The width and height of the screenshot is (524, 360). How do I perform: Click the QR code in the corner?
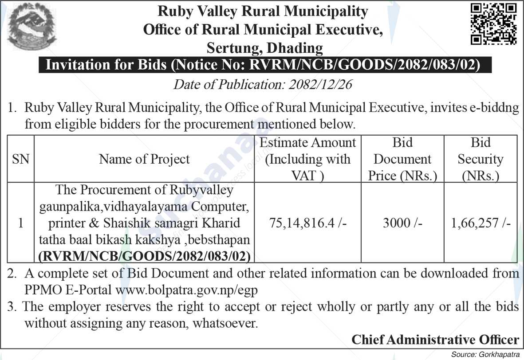[x=493, y=24]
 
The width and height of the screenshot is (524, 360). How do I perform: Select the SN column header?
[x=20, y=159]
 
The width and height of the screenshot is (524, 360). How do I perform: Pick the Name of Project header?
[x=144, y=159]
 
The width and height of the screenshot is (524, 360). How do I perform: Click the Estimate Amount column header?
[x=307, y=159]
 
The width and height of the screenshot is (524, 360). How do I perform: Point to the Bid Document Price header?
[x=402, y=159]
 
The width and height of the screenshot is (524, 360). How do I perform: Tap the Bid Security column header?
[x=481, y=159]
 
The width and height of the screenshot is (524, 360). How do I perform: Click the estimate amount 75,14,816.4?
[x=307, y=223]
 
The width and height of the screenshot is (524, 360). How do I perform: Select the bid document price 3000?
[x=402, y=223]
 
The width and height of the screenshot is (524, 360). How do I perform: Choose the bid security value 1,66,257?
[x=481, y=223]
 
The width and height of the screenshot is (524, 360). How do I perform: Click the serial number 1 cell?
[x=20, y=223]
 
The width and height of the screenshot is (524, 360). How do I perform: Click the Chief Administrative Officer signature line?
[x=435, y=340]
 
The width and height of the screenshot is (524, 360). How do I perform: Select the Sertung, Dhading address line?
[x=265, y=47]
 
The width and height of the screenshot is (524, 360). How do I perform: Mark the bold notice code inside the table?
[x=144, y=256]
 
